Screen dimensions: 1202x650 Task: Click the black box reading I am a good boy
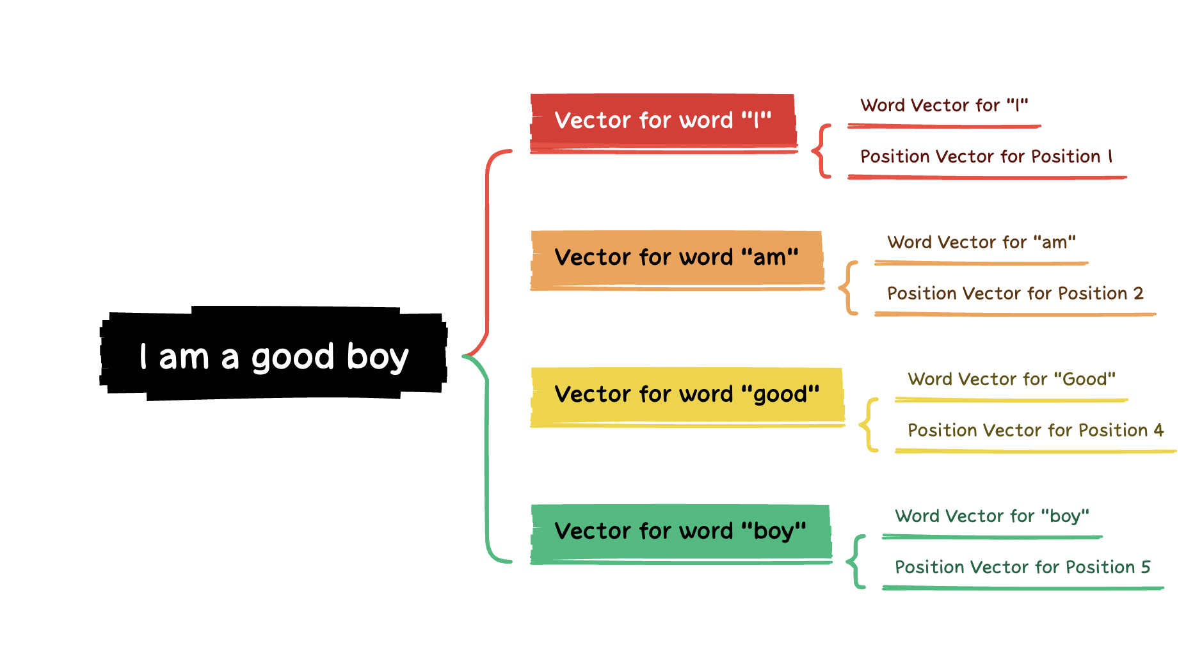tap(273, 354)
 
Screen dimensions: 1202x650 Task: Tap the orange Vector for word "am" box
tap(677, 260)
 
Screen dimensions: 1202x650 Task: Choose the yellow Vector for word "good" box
tap(687, 397)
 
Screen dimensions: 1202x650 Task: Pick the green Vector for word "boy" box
tap(681, 534)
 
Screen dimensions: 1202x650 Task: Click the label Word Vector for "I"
tap(944, 105)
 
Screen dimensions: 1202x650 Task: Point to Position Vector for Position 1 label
tap(986, 157)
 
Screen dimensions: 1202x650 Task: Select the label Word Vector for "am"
tap(981, 242)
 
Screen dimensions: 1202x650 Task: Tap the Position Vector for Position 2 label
tap(1015, 294)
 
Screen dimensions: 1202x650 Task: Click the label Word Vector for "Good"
tap(1011, 379)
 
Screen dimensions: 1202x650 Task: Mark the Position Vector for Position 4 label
tap(1036, 431)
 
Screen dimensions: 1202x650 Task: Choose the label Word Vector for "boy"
tap(992, 516)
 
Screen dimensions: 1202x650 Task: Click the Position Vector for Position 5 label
tap(1023, 567)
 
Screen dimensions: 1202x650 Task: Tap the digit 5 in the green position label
tap(1146, 567)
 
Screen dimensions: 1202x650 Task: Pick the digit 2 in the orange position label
tap(1138, 293)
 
